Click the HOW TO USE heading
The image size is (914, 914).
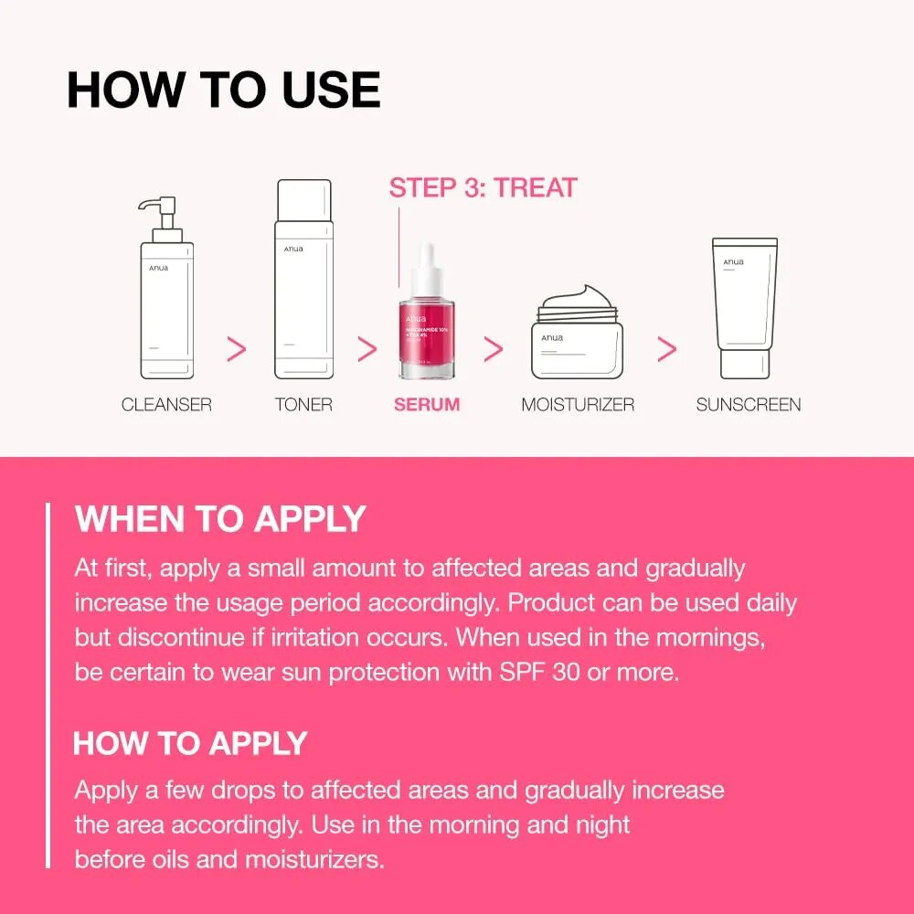[224, 90]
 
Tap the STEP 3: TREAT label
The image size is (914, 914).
[483, 188]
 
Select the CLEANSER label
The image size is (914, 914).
[166, 404]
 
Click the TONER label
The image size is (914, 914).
[303, 404]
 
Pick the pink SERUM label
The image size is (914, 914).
[427, 404]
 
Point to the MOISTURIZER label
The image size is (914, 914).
[578, 404]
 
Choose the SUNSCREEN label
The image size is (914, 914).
[749, 404]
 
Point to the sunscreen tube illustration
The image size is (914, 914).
[745, 306]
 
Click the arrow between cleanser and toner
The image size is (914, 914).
[236, 348]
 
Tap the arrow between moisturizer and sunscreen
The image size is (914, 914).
[667, 348]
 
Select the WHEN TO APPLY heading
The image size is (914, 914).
[220, 519]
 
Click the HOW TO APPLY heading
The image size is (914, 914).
[190, 743]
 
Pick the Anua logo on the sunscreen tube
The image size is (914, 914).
[733, 262]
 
